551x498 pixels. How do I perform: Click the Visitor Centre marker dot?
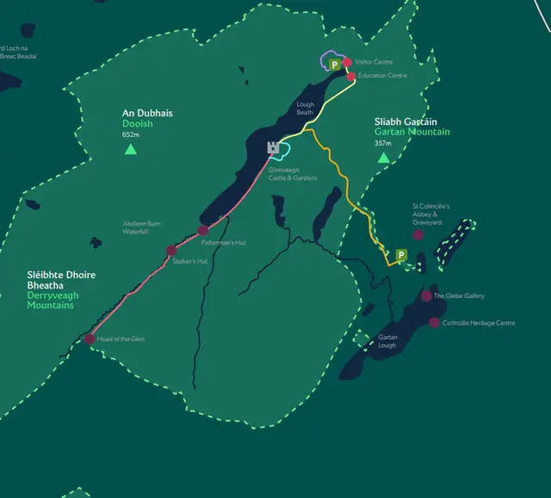click(347, 62)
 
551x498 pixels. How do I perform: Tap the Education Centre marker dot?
click(351, 76)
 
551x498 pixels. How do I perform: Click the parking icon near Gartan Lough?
click(400, 255)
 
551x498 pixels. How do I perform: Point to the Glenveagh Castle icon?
click(274, 148)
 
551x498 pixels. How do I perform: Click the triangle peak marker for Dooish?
click(130, 149)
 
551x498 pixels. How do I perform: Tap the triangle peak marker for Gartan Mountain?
click(383, 158)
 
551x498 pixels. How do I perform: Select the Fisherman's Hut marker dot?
click(203, 230)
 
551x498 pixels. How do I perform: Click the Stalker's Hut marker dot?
click(171, 251)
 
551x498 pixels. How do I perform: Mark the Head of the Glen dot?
click(90, 339)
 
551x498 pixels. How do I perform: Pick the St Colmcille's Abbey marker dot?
click(418, 234)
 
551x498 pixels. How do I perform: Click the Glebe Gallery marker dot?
click(426, 296)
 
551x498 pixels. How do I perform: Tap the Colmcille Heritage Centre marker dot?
click(434, 323)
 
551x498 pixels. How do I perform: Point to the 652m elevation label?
click(131, 134)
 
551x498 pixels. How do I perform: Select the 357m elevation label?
click(383, 143)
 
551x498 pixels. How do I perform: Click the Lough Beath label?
click(305, 108)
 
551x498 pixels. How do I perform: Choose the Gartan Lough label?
click(387, 340)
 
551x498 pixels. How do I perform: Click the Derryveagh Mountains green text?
click(50, 301)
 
